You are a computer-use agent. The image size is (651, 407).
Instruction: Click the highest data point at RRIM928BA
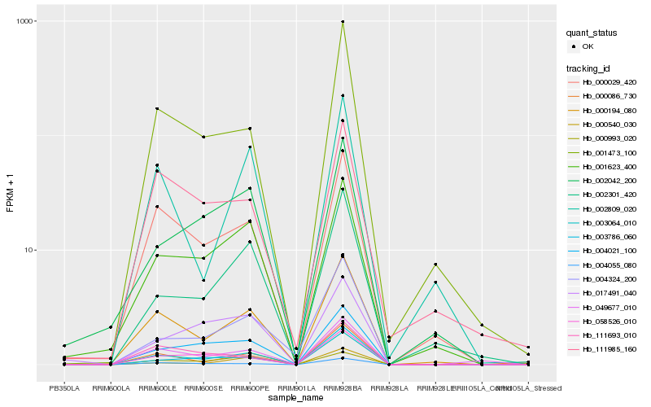click(x=343, y=22)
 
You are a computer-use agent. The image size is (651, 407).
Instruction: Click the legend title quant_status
click(x=594, y=33)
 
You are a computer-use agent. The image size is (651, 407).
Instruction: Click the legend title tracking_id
click(x=591, y=68)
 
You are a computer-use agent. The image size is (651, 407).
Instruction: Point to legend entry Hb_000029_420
click(x=609, y=82)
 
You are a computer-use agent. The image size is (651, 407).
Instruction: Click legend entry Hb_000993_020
click(x=609, y=138)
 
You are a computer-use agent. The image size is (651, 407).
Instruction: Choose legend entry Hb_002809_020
click(x=609, y=208)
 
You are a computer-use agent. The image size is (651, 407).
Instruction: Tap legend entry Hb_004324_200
click(x=609, y=278)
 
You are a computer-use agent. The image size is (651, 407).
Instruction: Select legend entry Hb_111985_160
click(x=609, y=348)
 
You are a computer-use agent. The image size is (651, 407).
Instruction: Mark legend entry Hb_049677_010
click(x=609, y=307)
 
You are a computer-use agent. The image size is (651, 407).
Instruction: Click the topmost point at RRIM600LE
click(x=157, y=108)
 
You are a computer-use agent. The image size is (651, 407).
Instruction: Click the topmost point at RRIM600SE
click(x=203, y=137)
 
